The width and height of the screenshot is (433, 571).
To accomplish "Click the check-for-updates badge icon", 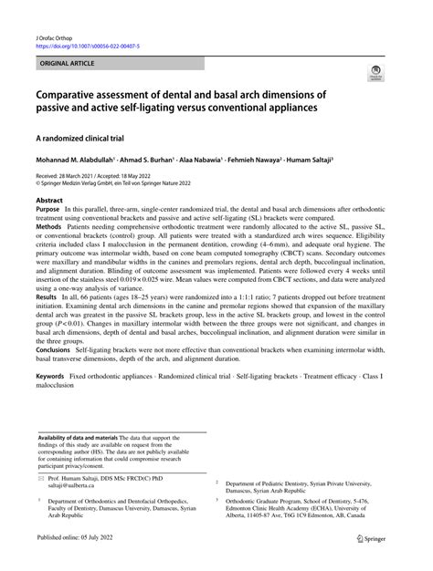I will coord(374,72).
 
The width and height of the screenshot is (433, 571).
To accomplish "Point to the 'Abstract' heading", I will coord(49,198).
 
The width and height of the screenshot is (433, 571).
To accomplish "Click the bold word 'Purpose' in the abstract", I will coord(49,209).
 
